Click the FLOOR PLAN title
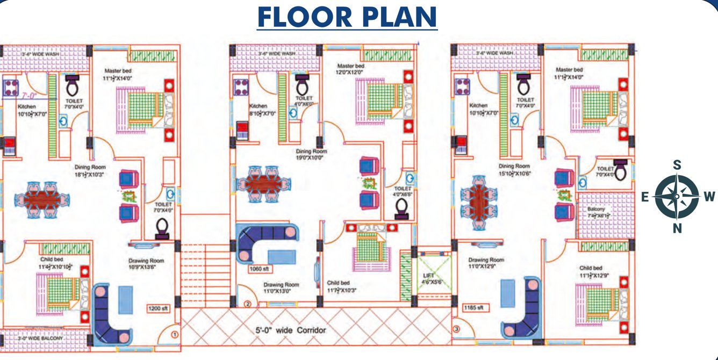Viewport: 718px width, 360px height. point(347,17)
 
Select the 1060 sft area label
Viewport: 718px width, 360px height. point(259,268)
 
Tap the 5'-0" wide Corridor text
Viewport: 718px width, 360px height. point(290,330)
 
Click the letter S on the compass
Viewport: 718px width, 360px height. point(677,165)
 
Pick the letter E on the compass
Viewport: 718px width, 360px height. point(644,197)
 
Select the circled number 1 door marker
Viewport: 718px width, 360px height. point(174,334)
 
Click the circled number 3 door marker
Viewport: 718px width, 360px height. point(456,329)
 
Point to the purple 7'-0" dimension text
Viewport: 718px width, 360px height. point(30,96)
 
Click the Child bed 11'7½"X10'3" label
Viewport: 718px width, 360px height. point(342,287)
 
